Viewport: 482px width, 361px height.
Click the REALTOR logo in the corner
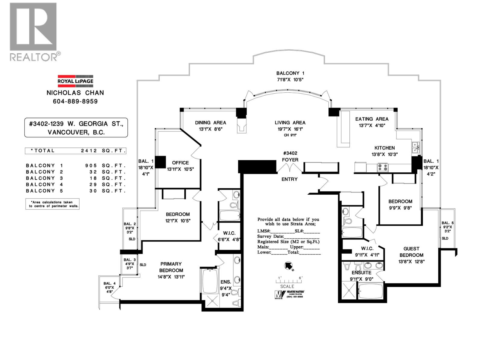[33, 32]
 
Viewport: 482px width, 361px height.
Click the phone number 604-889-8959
[75, 101]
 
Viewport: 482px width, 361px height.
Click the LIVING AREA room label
[290, 123]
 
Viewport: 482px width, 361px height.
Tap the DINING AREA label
[210, 123]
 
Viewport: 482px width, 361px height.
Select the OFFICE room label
[180, 163]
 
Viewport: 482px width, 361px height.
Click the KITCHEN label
[384, 148]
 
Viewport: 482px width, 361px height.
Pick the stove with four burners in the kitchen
[383, 167]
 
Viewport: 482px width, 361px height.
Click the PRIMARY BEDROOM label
[171, 267]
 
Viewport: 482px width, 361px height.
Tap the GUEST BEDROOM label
[411, 252]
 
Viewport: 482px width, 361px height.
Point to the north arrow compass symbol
[288, 265]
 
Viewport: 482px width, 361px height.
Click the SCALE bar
[288, 281]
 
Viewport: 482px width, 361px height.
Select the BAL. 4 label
[109, 283]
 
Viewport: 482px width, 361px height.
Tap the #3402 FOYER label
[290, 157]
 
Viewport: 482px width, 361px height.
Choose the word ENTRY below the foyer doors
[290, 179]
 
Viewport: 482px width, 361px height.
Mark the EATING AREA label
[372, 119]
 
